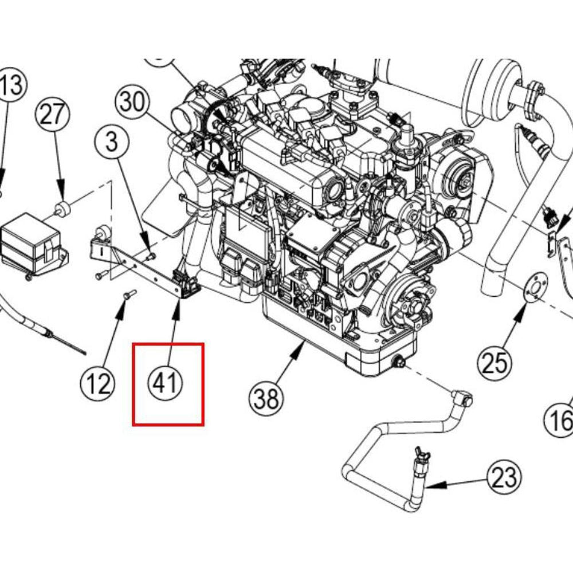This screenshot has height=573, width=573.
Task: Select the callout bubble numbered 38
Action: [267, 397]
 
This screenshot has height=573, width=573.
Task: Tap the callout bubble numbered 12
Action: [97, 383]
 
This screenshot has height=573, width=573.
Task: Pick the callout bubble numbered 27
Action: [53, 115]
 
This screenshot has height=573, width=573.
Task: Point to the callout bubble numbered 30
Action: [132, 103]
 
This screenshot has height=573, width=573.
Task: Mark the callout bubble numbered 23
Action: [505, 477]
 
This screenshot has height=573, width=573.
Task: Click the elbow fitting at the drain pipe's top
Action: [462, 397]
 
